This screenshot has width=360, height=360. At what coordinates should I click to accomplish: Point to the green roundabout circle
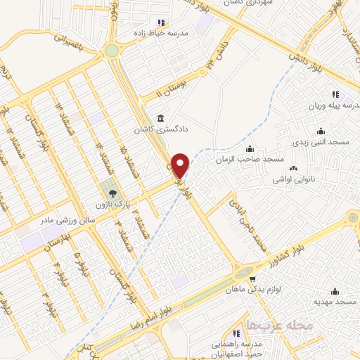[x=111, y=50]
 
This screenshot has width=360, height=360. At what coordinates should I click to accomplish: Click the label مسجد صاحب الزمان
[x=251, y=160]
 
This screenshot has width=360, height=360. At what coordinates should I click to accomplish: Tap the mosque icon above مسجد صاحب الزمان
[x=250, y=148]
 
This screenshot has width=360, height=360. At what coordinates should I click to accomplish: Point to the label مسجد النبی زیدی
[x=322, y=142]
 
